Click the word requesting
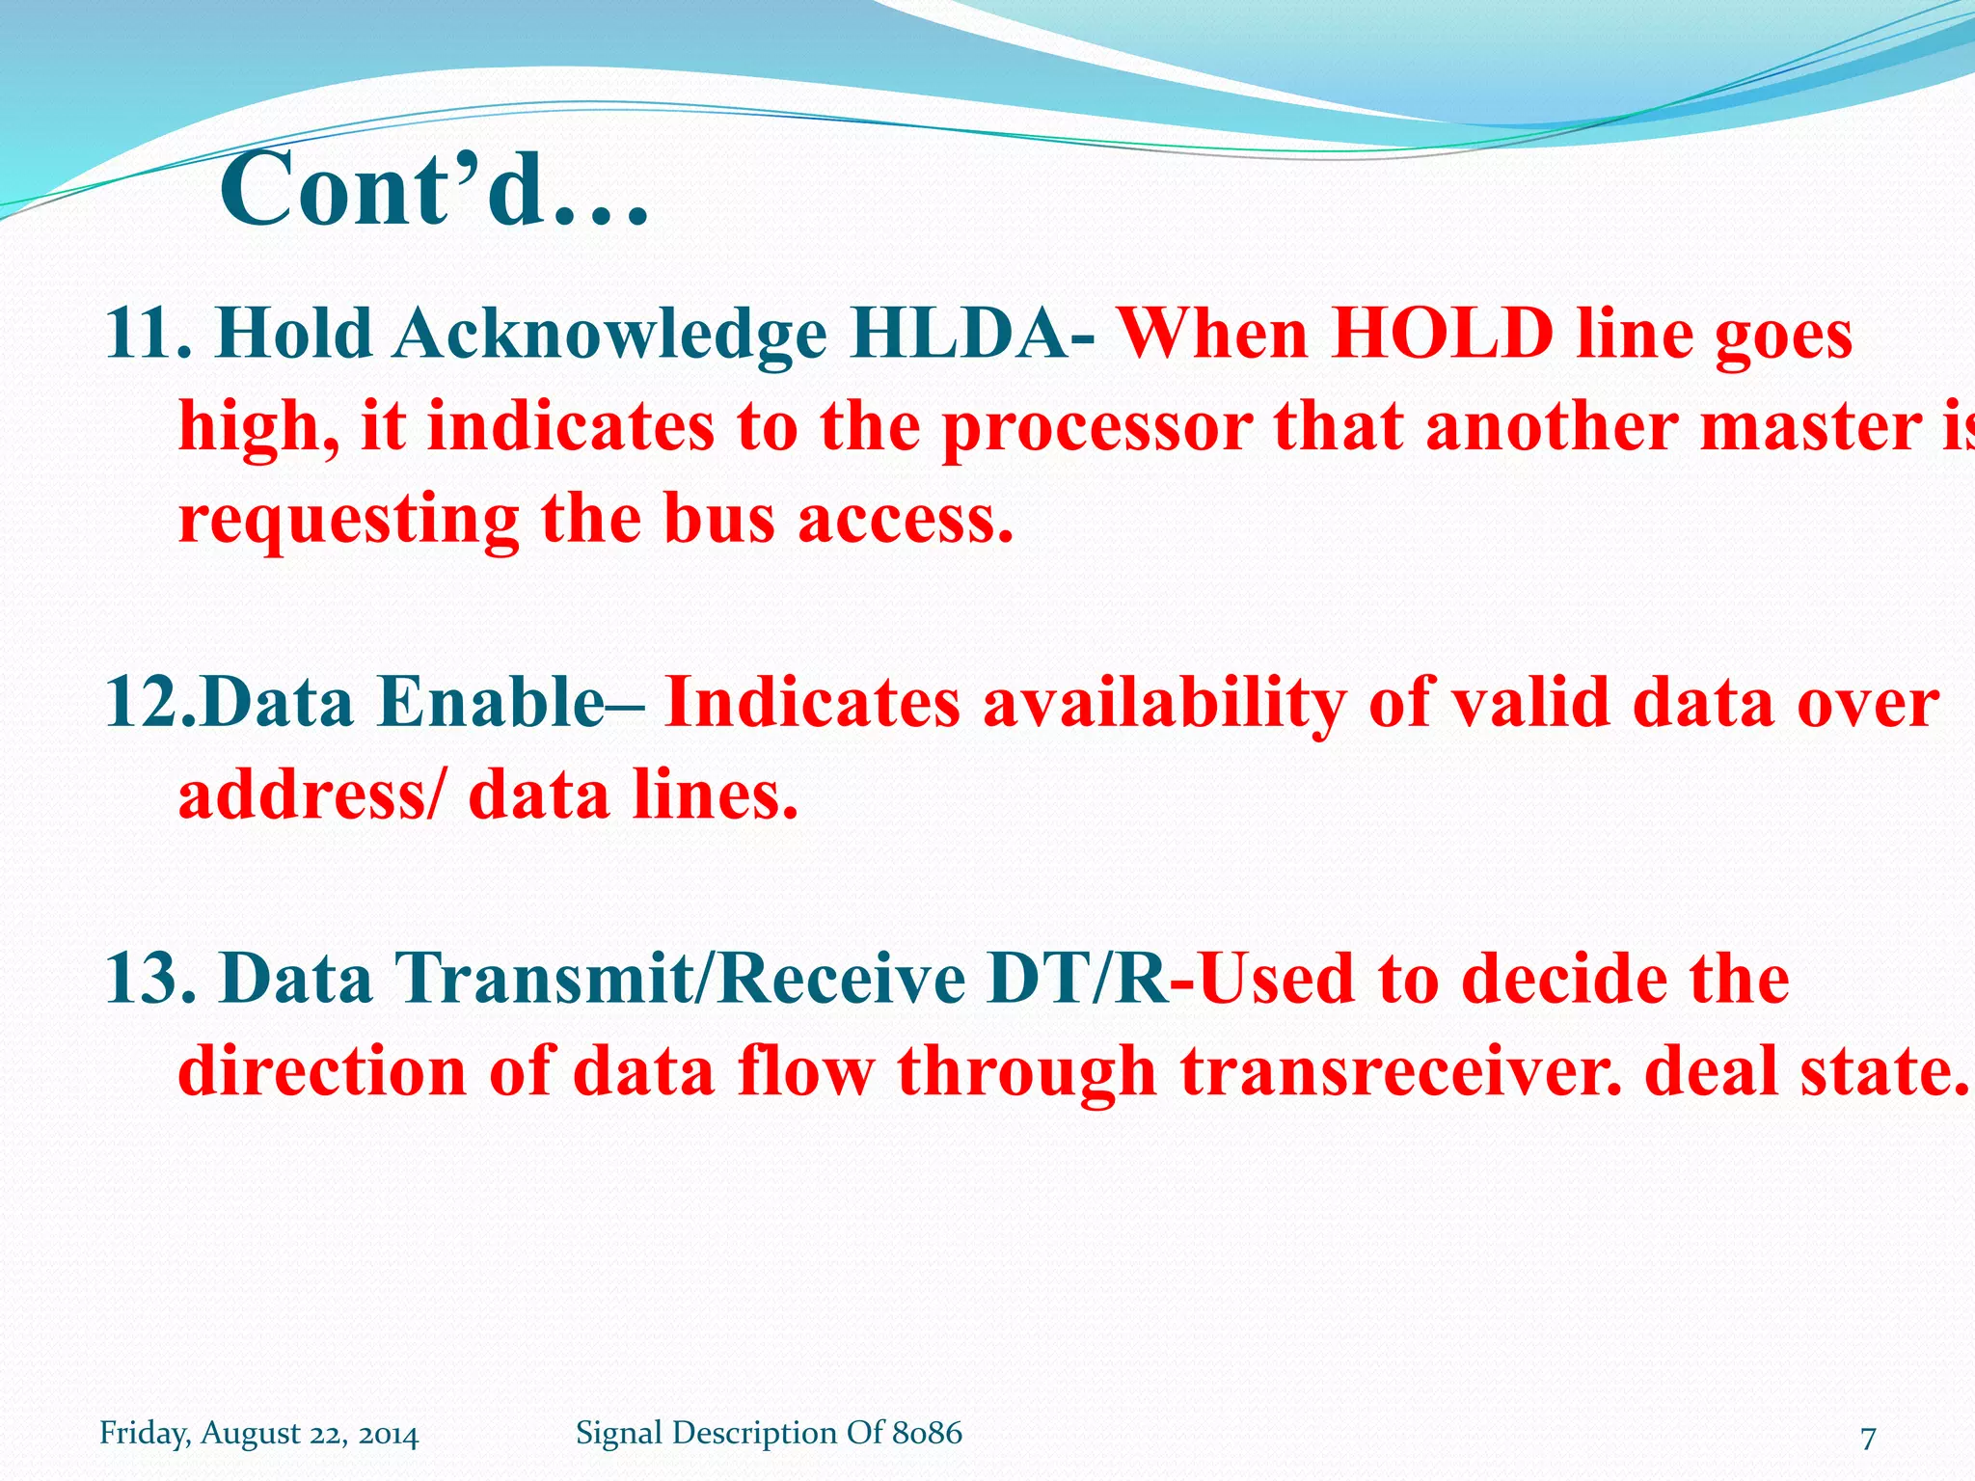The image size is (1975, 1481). click(348, 522)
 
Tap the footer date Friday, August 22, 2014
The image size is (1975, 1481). click(258, 1434)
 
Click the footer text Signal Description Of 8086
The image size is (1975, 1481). click(769, 1433)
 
